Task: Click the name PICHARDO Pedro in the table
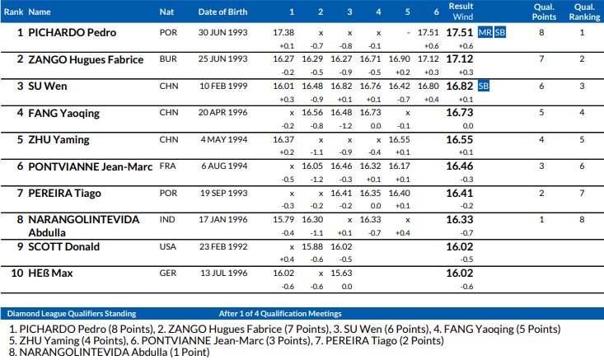72,33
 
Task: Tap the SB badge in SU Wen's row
484,86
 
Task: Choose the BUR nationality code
167,59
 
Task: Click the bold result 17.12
460,59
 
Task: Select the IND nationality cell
167,219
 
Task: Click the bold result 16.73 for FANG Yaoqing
460,112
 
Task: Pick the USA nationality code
168,246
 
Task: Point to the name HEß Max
50,273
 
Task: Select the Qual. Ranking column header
582,12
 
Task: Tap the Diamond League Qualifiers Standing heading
71,314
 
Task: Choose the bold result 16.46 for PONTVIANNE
460,166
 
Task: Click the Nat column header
166,12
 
